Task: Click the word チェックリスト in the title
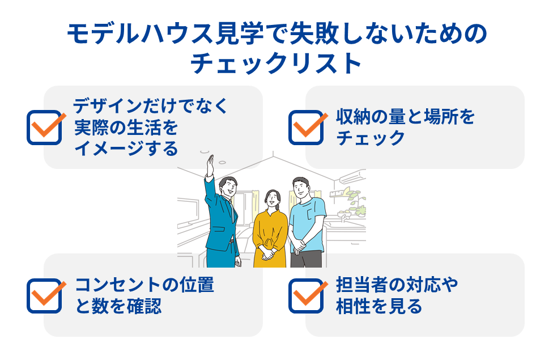point(276,63)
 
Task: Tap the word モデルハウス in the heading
point(140,34)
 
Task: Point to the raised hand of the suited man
point(211,165)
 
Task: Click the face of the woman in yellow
point(273,200)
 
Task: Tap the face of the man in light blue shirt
point(301,189)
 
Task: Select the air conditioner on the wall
point(352,176)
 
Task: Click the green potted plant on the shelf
point(355,201)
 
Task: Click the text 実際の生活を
point(126,128)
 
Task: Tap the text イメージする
point(126,148)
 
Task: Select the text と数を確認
point(118,306)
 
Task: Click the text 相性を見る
point(379,306)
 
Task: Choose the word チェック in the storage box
point(371,138)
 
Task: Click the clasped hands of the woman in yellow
point(267,254)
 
